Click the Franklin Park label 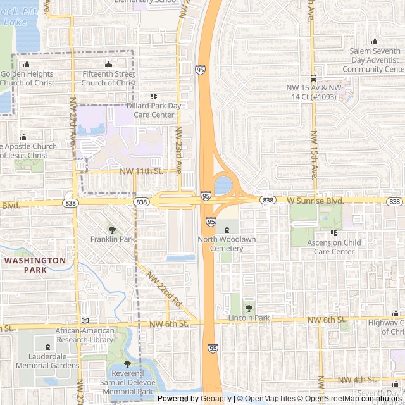113,239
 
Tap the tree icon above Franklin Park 113,230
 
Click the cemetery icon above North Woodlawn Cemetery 227,229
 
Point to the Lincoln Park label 249,318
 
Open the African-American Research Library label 85,335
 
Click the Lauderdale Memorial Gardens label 48,361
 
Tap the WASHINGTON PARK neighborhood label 35,265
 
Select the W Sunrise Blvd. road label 315,201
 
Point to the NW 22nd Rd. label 164,290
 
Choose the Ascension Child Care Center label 334,247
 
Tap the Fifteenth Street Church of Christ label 109,78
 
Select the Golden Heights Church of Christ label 27,78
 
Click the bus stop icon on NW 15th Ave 314,78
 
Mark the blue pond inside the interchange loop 223,185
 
